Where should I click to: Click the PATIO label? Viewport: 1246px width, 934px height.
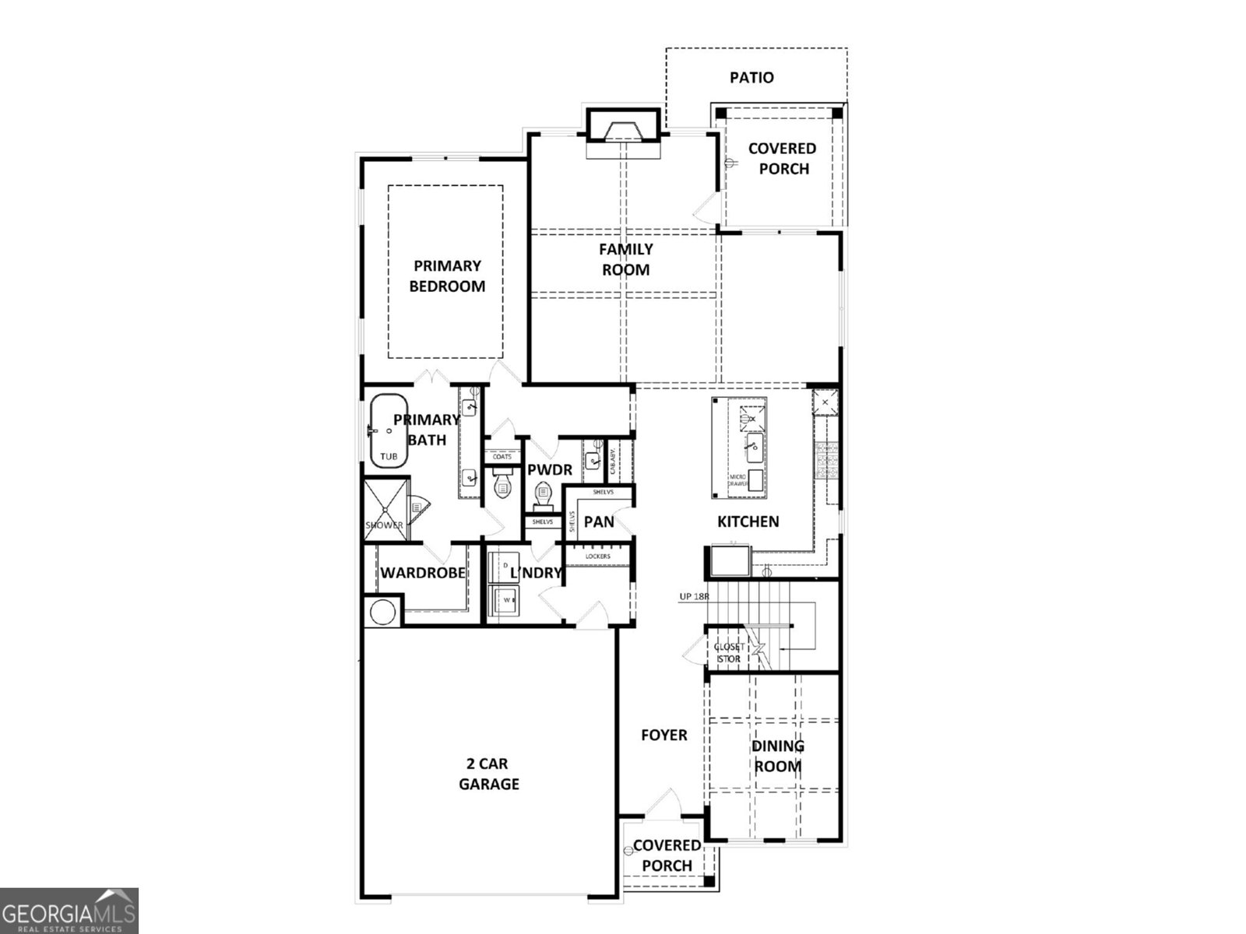point(751,78)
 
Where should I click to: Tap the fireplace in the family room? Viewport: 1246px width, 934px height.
point(623,127)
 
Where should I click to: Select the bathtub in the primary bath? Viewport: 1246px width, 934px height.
point(388,432)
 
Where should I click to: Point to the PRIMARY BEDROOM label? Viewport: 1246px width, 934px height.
point(447,276)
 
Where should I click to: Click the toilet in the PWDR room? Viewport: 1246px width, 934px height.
point(543,493)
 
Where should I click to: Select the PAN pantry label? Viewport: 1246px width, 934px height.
point(599,521)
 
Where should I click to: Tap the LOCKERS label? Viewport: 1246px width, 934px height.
point(597,557)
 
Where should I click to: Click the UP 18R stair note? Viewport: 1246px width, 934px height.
point(695,597)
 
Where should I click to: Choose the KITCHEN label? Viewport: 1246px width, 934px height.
point(748,521)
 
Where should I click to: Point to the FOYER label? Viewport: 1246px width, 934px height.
point(663,735)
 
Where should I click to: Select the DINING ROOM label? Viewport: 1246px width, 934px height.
point(777,756)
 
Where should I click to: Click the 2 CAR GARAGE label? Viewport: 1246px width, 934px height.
point(488,774)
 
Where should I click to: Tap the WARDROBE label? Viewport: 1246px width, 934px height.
point(422,574)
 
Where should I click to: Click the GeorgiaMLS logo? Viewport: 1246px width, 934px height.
point(69,911)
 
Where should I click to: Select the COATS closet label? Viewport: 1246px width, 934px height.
point(502,457)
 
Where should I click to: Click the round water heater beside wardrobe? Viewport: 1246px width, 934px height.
point(382,612)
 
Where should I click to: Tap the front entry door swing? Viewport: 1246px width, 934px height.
point(662,803)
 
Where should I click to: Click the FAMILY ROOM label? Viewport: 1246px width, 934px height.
point(625,259)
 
